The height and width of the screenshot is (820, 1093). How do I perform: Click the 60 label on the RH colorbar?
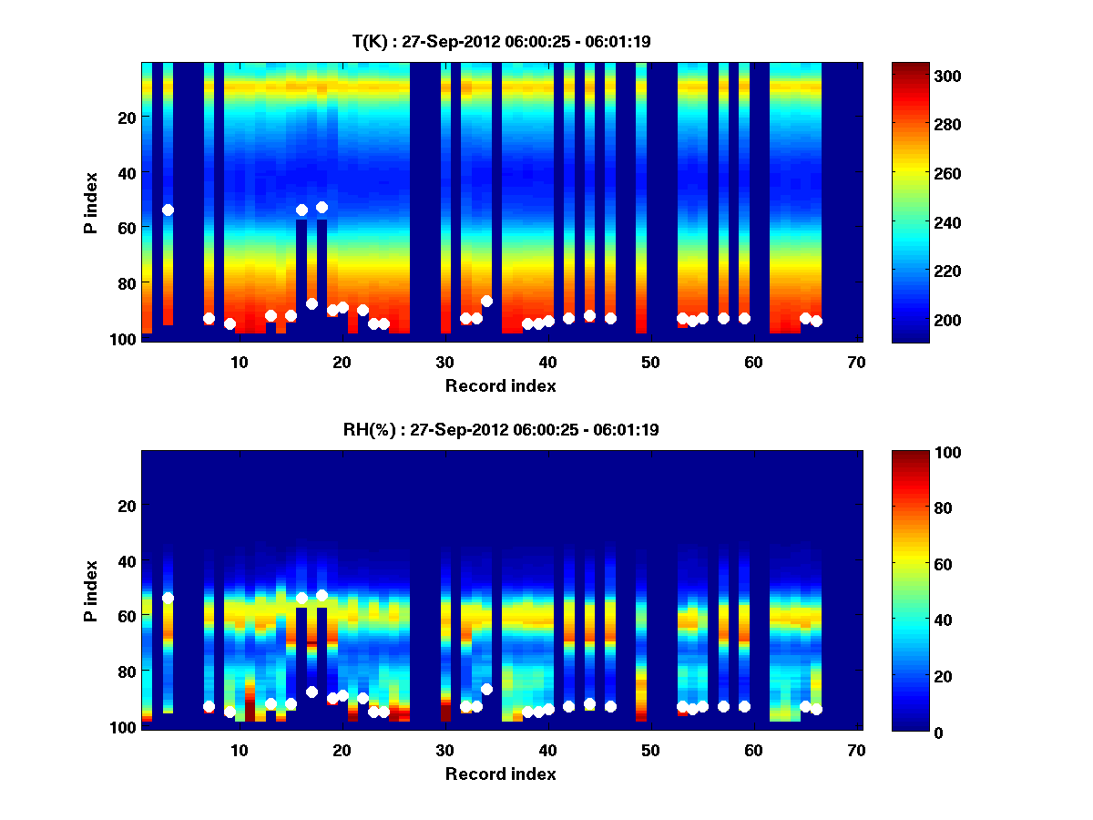[x=914, y=565]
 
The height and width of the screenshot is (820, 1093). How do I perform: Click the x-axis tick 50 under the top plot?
[x=650, y=362]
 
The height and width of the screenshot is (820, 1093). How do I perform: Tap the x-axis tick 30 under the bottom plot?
[x=444, y=750]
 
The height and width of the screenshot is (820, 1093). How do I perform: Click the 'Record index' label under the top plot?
[x=501, y=385]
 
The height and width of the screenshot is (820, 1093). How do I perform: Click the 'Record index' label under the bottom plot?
[x=501, y=774]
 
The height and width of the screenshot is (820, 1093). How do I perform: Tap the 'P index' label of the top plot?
[x=91, y=203]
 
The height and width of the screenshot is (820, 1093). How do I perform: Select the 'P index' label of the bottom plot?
[x=91, y=591]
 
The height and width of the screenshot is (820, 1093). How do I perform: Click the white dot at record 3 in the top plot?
[x=168, y=210]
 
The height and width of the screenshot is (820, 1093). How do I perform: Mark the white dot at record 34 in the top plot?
[x=486, y=301]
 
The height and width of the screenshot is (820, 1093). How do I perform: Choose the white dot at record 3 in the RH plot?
[x=168, y=598]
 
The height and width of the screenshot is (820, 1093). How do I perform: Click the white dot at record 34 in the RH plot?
[x=486, y=689]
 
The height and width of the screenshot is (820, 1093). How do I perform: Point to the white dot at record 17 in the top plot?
[x=312, y=303]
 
